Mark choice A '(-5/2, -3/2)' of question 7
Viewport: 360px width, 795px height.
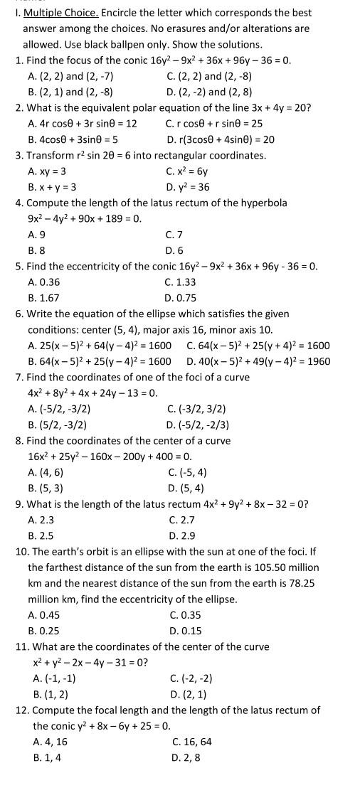[59, 409]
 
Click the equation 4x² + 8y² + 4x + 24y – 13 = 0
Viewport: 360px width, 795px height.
[92, 393]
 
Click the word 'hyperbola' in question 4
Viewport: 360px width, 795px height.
[264, 203]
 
